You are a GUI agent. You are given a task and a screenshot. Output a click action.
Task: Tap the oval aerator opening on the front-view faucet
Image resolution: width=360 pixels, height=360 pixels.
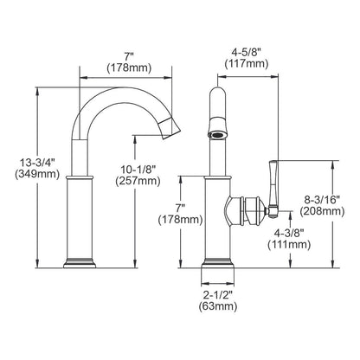(218, 134)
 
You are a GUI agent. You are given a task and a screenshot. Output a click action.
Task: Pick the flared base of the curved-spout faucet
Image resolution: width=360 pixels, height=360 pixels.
(80, 259)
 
